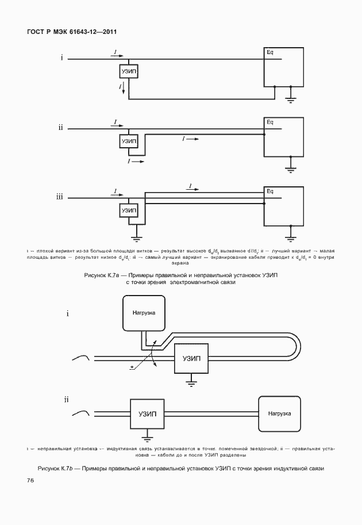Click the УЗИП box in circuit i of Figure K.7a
pyautogui.click(x=129, y=71)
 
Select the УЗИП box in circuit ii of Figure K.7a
pyautogui.click(x=129, y=140)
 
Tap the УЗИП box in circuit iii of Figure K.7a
pyautogui.click(x=129, y=211)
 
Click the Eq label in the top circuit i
pyautogui.click(x=270, y=53)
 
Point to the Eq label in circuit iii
pyautogui.click(x=270, y=191)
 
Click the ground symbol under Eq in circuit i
pyautogui.click(x=291, y=101)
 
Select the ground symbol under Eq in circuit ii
pyautogui.click(x=291, y=168)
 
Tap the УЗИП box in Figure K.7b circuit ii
pyautogui.click(x=147, y=413)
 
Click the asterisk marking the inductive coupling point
pyautogui.click(x=133, y=366)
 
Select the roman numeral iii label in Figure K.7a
pyautogui.click(x=60, y=198)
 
